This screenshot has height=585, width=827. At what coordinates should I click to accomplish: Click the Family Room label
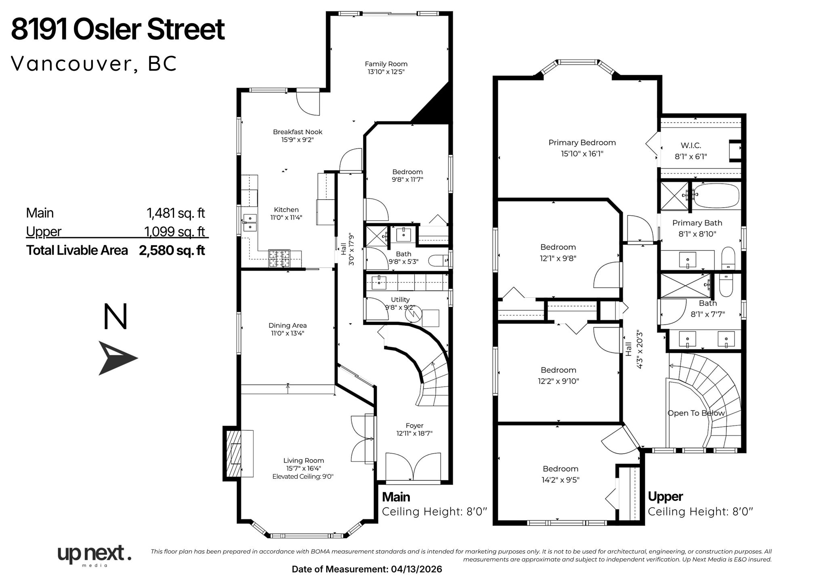[386, 64]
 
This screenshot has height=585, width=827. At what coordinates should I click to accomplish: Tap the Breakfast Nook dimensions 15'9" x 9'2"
[298, 140]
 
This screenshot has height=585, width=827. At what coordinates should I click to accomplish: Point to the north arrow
[118, 358]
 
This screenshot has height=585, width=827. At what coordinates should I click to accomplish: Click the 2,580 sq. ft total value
[172, 250]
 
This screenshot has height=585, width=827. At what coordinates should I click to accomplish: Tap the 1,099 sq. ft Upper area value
[175, 231]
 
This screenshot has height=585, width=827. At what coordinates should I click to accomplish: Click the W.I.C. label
[691, 145]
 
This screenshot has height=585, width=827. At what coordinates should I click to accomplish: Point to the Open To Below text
[696, 413]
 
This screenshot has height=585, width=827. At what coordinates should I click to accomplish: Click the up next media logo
[94, 555]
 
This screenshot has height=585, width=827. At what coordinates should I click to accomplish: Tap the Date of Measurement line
[367, 569]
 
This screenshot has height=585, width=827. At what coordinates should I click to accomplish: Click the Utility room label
[400, 299]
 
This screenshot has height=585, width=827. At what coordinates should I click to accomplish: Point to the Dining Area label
[288, 325]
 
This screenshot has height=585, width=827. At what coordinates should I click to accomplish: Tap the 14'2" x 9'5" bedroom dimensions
[560, 480]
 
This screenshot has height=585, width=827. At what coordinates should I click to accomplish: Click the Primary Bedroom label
[582, 143]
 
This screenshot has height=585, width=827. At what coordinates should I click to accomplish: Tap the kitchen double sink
[250, 223]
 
